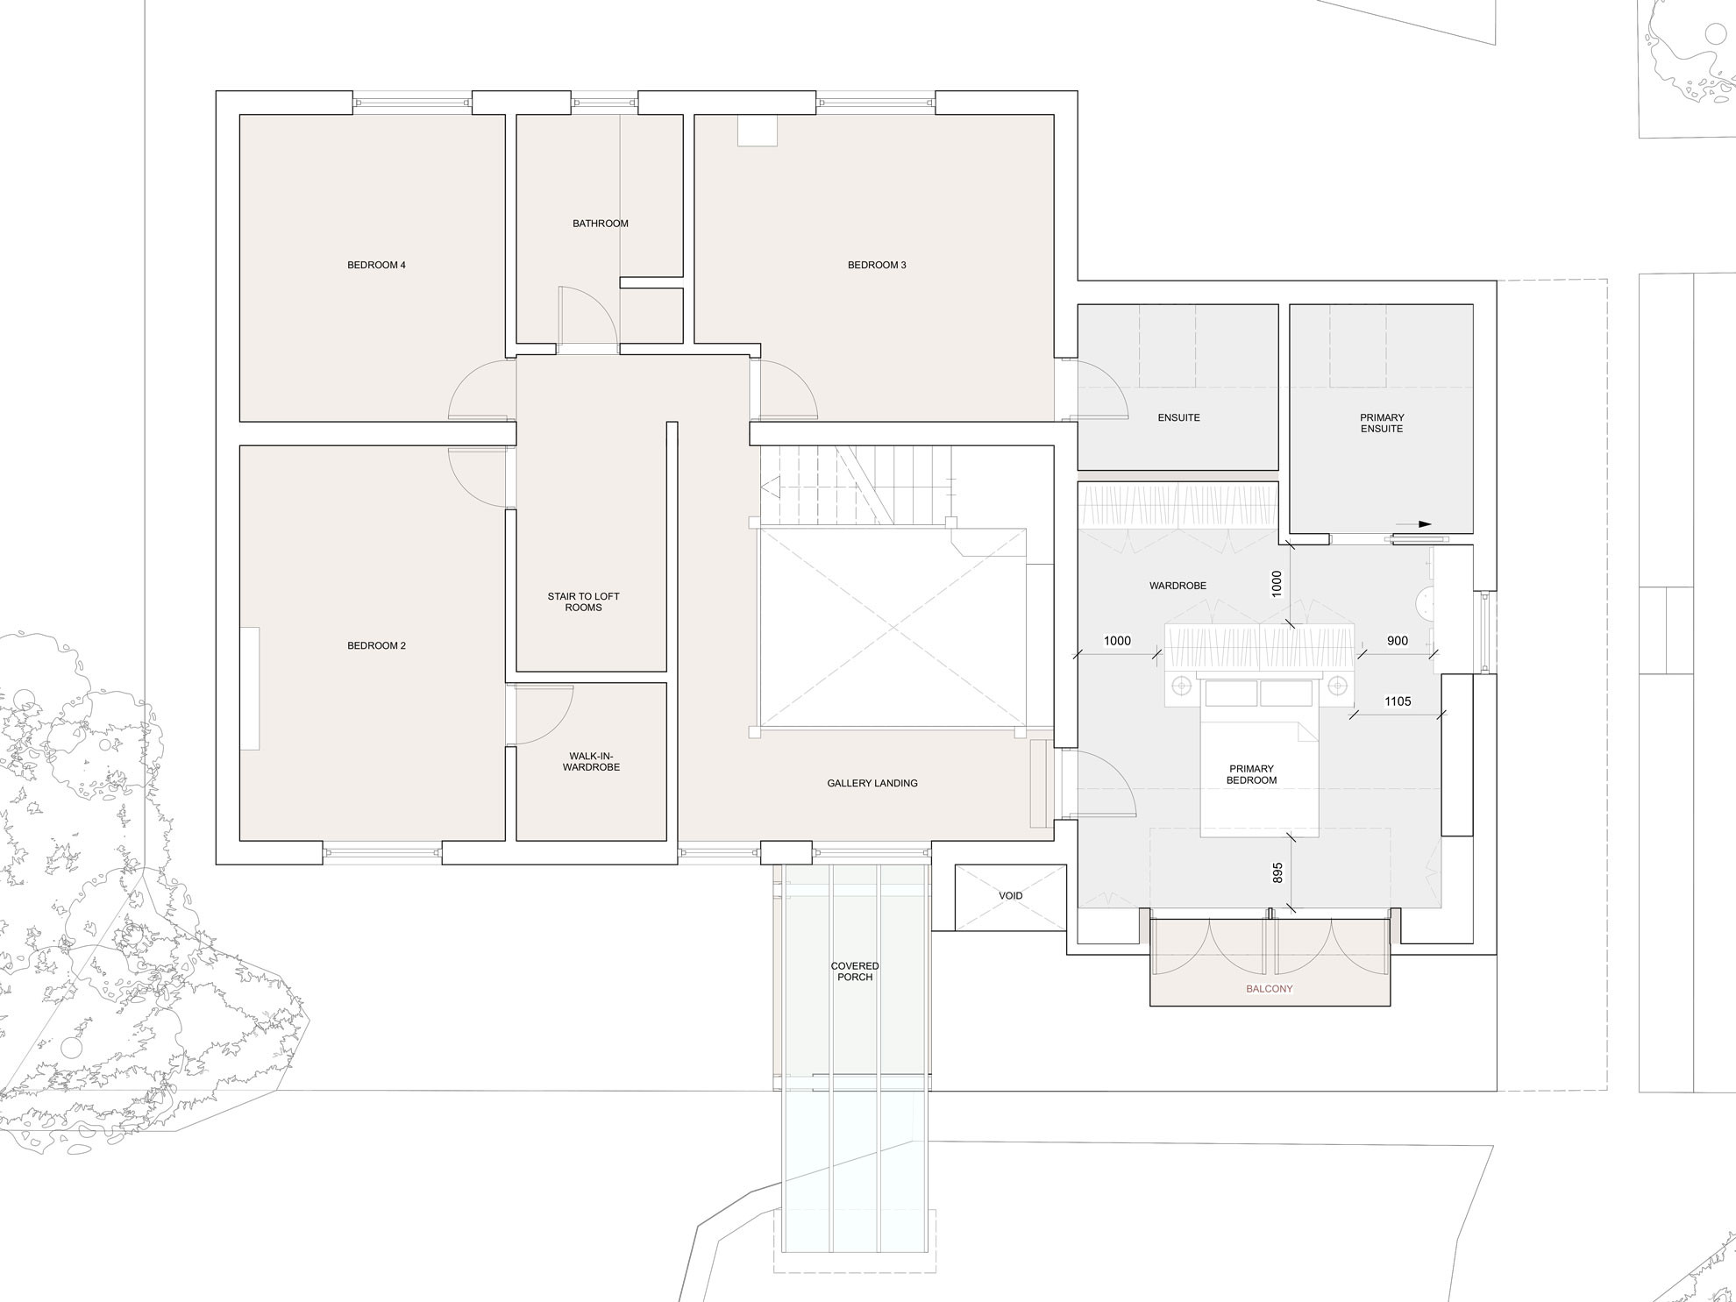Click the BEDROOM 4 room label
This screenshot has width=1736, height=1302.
tap(376, 265)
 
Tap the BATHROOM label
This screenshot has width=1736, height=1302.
tap(601, 224)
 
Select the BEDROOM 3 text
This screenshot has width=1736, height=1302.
tap(877, 265)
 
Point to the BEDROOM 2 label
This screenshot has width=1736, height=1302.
tap(376, 646)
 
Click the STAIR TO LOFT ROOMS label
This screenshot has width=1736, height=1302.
tap(584, 602)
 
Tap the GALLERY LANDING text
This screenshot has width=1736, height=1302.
tap(872, 783)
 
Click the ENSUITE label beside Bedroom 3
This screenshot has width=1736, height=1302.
tap(1178, 418)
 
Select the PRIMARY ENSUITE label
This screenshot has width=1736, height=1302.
tap(1382, 423)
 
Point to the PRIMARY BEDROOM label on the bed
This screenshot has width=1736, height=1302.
tap(1252, 775)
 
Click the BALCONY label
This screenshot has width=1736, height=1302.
tap(1270, 989)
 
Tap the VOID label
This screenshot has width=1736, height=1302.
tap(1011, 896)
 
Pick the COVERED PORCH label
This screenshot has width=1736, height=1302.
tap(855, 971)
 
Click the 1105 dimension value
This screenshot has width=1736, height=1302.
tap(1398, 701)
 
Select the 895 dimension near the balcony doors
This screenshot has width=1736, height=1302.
tap(1277, 872)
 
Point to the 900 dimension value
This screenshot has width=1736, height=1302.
tap(1398, 641)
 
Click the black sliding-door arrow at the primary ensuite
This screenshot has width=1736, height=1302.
tap(1412, 524)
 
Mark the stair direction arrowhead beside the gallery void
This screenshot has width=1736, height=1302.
tap(770, 487)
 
